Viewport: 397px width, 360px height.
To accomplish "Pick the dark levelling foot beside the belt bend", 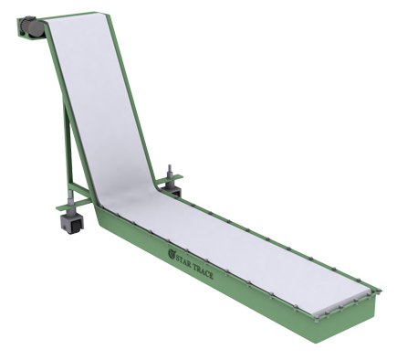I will [170, 188].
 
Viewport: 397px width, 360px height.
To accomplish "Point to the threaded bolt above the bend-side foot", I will [169, 172].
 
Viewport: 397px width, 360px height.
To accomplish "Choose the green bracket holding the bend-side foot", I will [174, 195].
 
